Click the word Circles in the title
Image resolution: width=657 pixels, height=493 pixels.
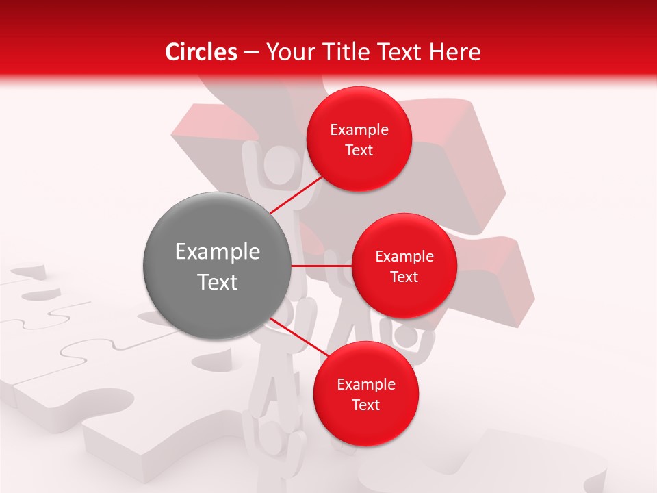click(201, 52)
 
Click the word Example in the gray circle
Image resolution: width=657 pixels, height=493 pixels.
click(218, 252)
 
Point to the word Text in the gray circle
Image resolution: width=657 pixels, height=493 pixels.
click(218, 282)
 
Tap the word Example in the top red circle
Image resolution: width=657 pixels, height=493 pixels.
click(359, 130)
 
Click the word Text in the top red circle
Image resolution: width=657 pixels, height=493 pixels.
click(359, 151)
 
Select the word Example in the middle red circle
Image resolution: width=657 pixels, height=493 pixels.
click(404, 257)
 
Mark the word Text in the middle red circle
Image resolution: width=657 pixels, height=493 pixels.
click(404, 277)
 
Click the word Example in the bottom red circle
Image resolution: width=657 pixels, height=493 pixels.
click(366, 385)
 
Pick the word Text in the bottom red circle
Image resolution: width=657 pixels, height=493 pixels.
click(366, 405)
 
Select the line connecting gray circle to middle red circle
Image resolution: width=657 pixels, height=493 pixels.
click(322, 265)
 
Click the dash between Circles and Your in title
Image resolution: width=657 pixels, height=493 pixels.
click(250, 53)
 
